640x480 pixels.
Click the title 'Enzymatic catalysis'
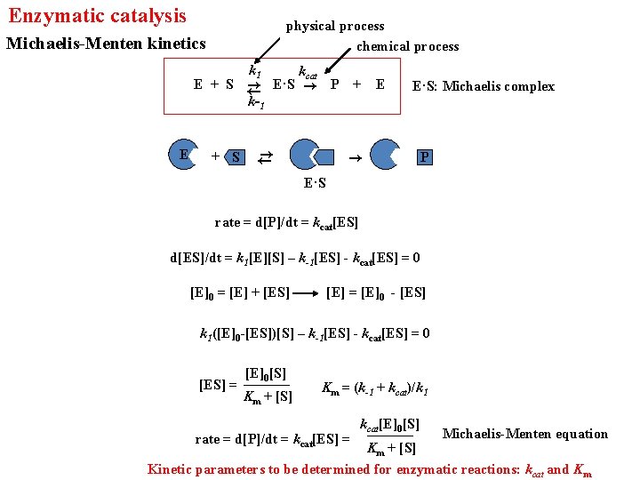[x=98, y=16]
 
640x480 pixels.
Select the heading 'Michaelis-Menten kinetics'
[x=106, y=44]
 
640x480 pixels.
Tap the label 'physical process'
[x=335, y=26]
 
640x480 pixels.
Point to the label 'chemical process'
[x=408, y=46]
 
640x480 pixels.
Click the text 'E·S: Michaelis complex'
[x=484, y=86]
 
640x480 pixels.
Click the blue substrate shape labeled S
[x=236, y=157]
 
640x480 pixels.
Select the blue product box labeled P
[x=425, y=157]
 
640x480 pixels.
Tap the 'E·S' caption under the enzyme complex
[x=315, y=183]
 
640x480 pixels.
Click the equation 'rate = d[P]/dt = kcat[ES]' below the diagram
[x=286, y=222]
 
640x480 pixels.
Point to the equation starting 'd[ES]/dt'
[x=295, y=259]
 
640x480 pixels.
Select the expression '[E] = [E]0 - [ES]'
[x=376, y=292]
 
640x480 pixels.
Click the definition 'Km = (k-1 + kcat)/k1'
[x=376, y=388]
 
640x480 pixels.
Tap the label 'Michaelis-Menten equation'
[x=525, y=434]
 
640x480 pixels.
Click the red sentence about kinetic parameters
[x=369, y=469]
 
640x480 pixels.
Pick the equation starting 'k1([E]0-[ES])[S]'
[x=314, y=334]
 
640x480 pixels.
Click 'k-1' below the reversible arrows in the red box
[x=255, y=103]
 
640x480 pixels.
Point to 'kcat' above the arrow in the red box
[x=308, y=72]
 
